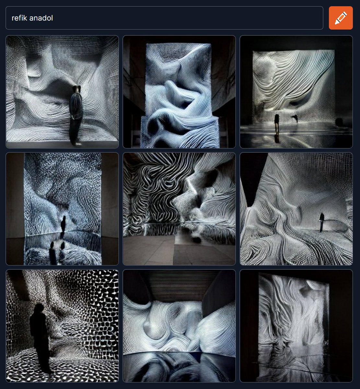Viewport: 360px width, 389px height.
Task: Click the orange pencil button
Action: (341, 18)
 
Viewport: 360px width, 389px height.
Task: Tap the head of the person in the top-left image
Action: (76, 89)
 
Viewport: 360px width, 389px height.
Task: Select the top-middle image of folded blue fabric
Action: (179, 92)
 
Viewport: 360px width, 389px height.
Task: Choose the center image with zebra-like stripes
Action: (179, 209)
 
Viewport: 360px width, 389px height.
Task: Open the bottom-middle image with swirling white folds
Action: (179, 326)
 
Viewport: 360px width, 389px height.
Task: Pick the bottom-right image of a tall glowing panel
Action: (296, 326)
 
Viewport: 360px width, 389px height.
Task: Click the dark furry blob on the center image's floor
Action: (196, 239)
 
